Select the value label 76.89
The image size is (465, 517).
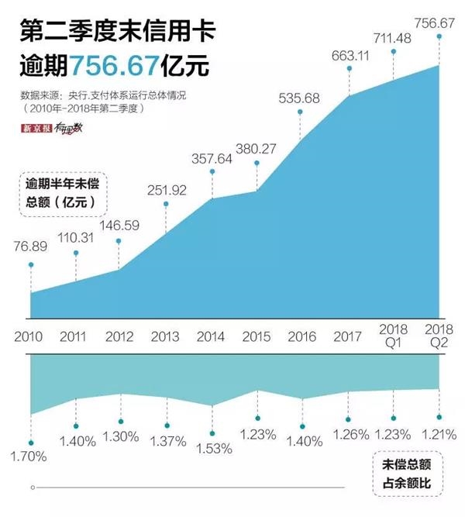pyautogui.click(x=30, y=246)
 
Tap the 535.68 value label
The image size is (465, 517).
pyautogui.click(x=299, y=98)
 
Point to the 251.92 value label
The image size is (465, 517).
pyautogui.click(x=165, y=189)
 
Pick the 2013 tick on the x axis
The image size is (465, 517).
pyautogui.click(x=164, y=337)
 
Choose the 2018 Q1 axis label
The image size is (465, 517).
pyautogui.click(x=394, y=336)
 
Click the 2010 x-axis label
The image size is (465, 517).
pyautogui.click(x=30, y=337)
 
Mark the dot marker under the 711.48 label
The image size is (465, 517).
pyautogui.click(x=394, y=52)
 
